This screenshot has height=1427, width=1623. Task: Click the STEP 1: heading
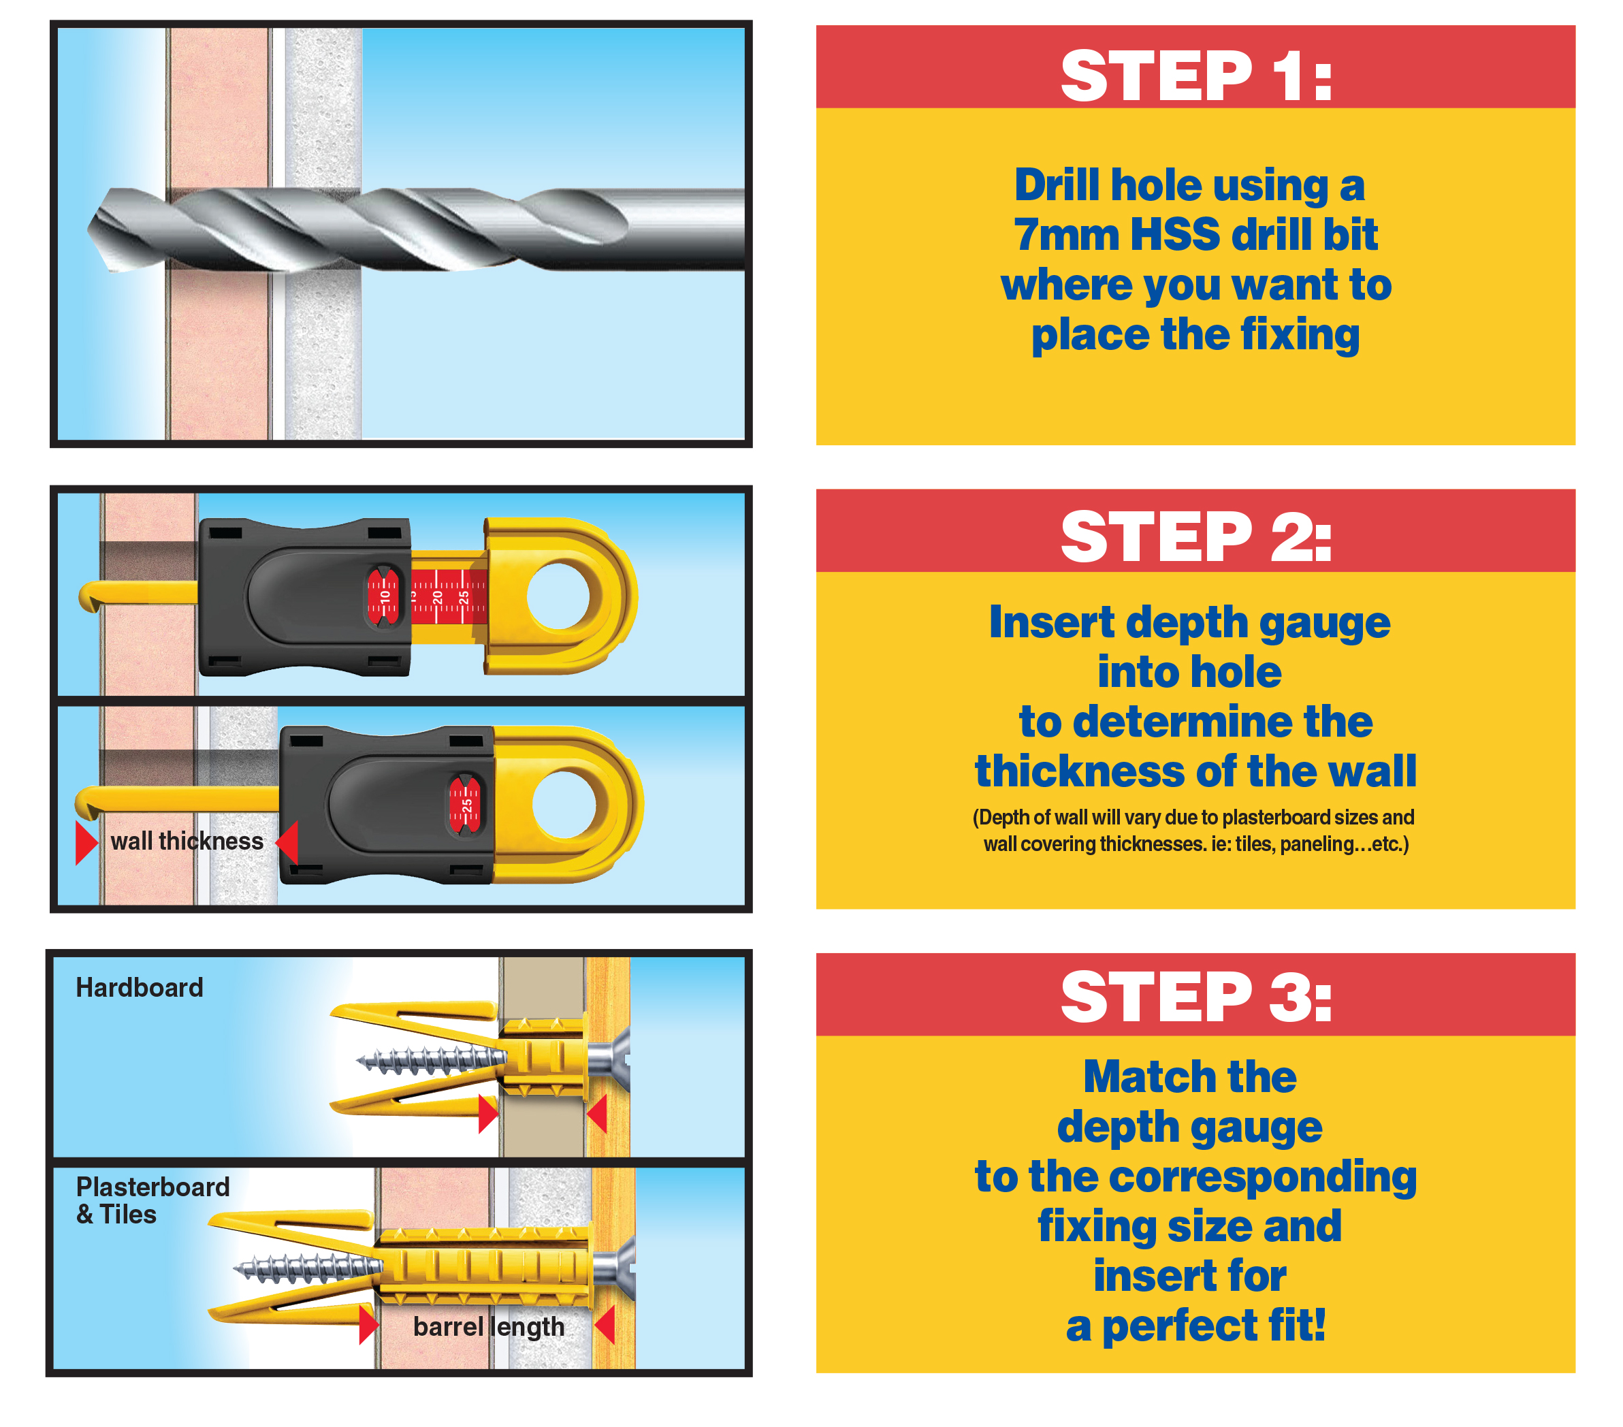1196,76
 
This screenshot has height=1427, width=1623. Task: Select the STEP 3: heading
1196,997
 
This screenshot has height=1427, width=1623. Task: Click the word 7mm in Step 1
1065,235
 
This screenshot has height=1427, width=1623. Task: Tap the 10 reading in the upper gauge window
385,596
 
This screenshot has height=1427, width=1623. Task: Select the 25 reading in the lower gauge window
467,805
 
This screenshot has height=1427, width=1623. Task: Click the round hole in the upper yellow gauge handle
558,596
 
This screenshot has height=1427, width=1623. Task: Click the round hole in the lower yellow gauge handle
564,803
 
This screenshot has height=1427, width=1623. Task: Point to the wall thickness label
187,841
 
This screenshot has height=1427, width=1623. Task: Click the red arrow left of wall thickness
86,843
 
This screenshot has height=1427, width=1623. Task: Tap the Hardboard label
140,987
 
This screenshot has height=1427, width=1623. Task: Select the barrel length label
488,1327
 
